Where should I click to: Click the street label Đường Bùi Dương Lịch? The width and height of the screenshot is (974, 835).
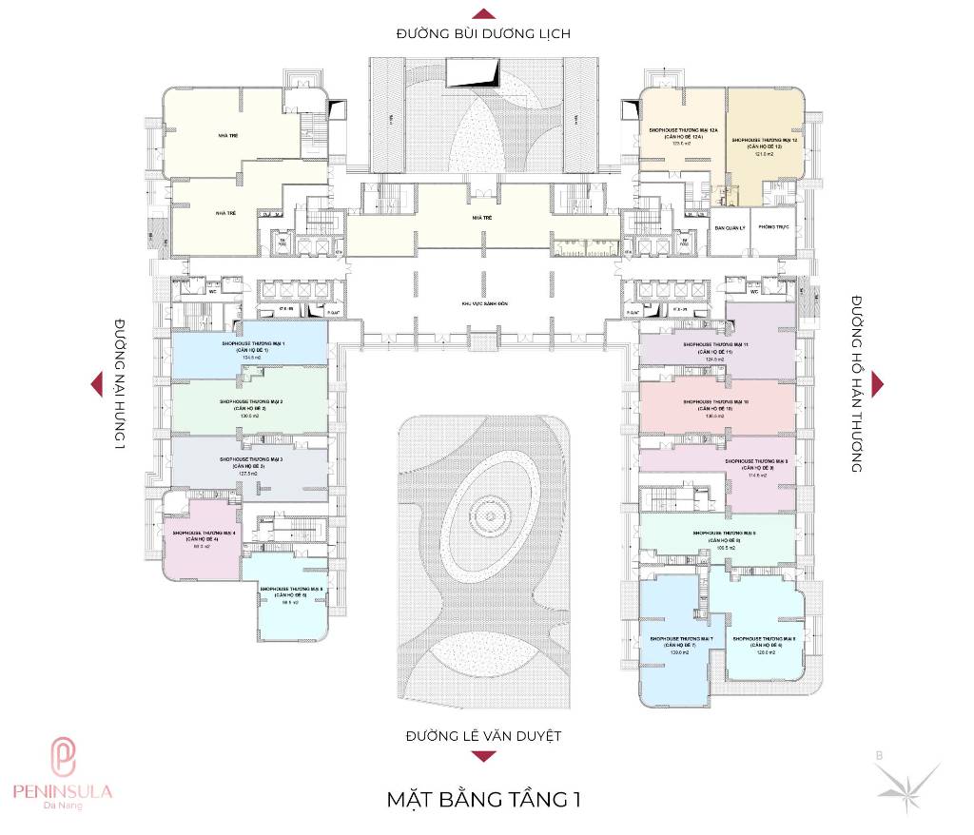[483, 34]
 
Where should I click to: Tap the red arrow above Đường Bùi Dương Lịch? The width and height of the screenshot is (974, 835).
[483, 13]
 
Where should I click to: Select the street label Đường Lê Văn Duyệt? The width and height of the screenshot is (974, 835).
[483, 735]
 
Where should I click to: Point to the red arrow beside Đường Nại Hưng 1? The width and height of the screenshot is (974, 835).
[95, 383]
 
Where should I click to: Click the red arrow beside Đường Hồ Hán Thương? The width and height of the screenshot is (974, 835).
[877, 381]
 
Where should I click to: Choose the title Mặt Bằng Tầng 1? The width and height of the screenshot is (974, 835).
[483, 799]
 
